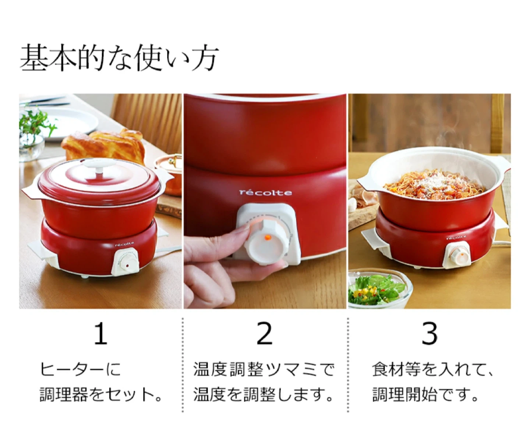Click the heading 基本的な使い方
point(119,58)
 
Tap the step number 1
point(101,333)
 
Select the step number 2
point(265,333)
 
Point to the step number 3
point(430,333)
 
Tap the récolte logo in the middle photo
point(265,193)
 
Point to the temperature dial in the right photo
point(456,254)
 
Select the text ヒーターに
point(80,369)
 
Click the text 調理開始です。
point(425,394)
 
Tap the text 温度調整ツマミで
point(264,369)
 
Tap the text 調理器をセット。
point(101,394)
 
